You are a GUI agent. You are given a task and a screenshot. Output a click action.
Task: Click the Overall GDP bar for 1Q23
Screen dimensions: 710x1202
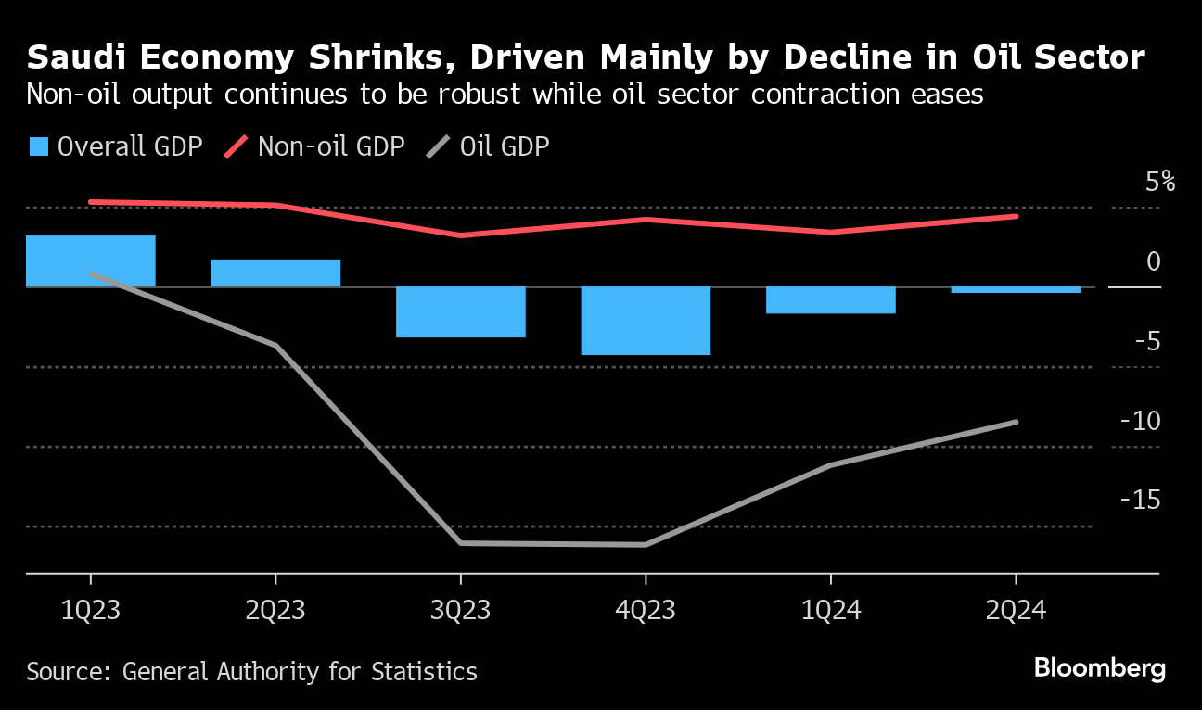click(90, 261)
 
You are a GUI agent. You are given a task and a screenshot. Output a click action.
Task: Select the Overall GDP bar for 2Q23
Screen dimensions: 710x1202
click(275, 273)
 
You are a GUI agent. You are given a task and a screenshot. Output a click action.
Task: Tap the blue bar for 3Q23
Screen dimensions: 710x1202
click(460, 311)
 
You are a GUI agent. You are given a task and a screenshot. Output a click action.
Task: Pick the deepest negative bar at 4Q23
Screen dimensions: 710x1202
click(646, 321)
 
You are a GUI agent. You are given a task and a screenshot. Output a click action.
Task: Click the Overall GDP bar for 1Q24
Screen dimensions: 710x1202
click(830, 300)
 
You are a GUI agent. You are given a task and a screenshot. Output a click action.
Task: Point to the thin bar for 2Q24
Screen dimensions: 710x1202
click(1016, 290)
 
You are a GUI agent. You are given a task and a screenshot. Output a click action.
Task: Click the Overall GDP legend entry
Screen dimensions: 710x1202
click(116, 146)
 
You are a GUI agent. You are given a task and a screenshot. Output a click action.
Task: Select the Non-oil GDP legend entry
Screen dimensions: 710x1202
click(316, 146)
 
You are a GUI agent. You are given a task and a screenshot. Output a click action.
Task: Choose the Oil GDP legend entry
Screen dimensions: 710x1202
click(489, 146)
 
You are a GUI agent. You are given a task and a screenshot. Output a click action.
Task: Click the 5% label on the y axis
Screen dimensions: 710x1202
click(1159, 182)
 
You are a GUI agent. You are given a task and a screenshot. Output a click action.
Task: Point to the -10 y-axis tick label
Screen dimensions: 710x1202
click(1140, 421)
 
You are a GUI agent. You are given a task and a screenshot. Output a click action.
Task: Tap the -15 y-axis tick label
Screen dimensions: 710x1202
click(1140, 501)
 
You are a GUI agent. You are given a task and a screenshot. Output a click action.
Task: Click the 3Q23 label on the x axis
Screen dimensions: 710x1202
click(460, 612)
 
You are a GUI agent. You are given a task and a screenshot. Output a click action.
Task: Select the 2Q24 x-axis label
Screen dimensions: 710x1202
click(1016, 612)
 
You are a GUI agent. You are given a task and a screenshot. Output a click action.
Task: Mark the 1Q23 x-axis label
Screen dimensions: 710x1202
click(90, 612)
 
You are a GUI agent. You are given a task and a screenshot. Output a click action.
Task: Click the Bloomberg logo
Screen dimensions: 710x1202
click(1099, 668)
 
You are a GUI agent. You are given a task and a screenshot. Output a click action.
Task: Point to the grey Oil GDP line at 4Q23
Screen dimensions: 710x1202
click(646, 544)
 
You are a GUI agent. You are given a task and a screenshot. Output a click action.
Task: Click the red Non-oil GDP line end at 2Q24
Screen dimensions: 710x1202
click(1016, 216)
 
